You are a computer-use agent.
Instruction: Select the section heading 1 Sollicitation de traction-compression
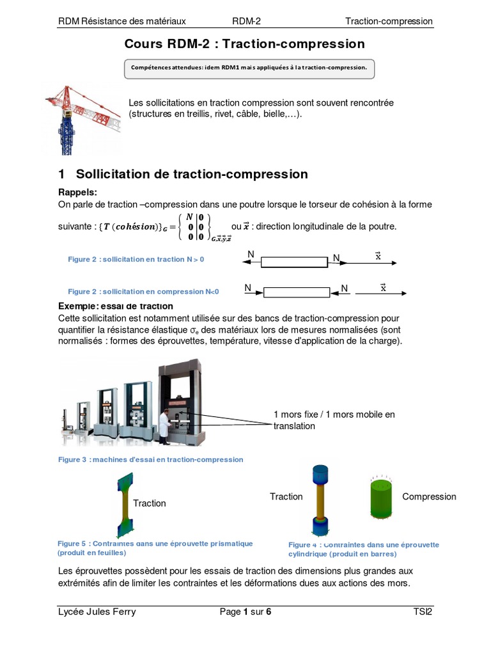[x=183, y=174]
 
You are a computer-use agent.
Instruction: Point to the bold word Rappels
[x=78, y=193]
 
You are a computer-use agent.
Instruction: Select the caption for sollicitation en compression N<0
[x=143, y=291]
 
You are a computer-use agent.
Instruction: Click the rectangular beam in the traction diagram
[x=294, y=262]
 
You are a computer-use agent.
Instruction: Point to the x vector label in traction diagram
[x=378, y=256]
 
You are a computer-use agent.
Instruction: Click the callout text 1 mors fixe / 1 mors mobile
[x=334, y=420]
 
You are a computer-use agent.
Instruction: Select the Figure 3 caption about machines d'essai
[x=150, y=459]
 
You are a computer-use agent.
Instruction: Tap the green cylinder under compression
[x=384, y=497]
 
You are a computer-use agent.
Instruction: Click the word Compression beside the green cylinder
[x=429, y=496]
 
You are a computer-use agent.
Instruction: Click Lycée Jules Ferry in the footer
[x=97, y=612]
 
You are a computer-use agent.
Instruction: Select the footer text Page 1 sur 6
[x=245, y=612]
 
